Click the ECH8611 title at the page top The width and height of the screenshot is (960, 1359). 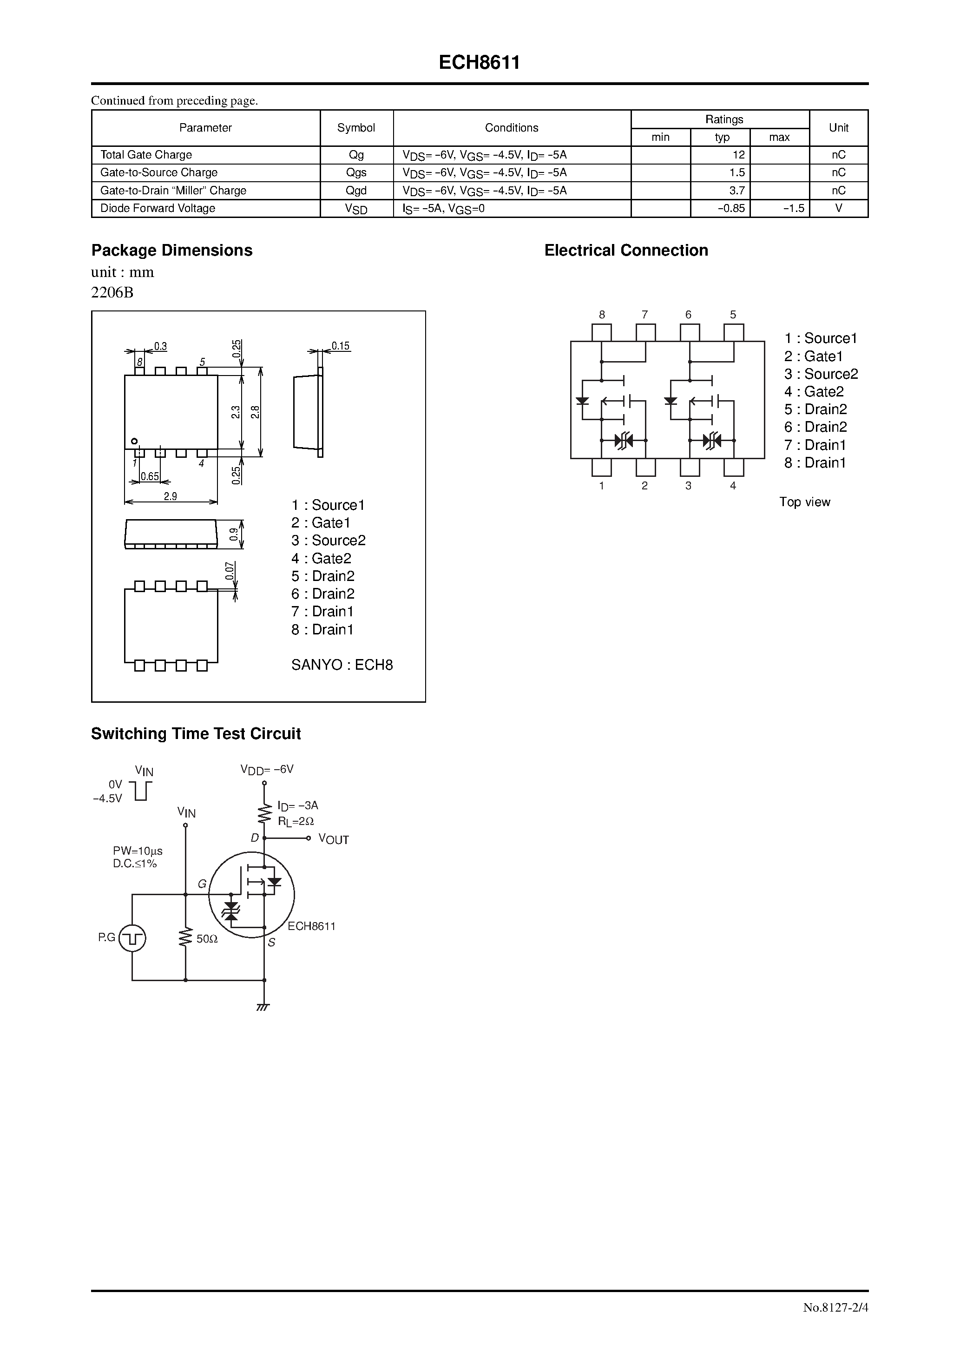[480, 63]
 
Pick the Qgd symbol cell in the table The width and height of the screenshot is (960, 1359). [356, 191]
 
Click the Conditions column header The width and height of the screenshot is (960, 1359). [512, 128]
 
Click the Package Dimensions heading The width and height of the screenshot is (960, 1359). [171, 251]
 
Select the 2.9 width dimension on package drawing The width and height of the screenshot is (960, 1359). [171, 496]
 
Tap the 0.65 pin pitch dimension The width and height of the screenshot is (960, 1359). [150, 476]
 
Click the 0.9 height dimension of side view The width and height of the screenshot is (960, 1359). [234, 534]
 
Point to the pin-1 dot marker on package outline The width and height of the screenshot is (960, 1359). [134, 441]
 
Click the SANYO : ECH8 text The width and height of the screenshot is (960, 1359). [342, 665]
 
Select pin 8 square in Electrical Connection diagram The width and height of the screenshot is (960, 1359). [602, 333]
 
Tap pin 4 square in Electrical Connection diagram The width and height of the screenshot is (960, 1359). [733, 468]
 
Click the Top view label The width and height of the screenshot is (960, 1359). [804, 502]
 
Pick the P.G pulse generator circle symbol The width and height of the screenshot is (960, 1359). [132, 938]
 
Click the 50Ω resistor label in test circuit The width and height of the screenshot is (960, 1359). [207, 939]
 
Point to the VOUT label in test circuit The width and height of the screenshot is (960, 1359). [333, 839]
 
